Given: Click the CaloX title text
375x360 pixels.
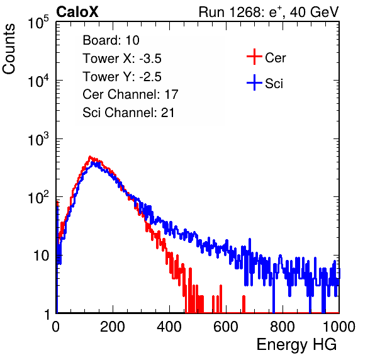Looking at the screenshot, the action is pos(77,11).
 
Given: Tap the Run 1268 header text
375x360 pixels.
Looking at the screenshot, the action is pos(269,12).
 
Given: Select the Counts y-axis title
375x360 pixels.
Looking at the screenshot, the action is pos(9,49).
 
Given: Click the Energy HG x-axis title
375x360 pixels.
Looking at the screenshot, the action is pos(296,344).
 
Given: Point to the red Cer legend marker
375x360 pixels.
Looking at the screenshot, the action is pos(254,57).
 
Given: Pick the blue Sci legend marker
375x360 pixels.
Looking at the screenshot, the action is pos(254,83).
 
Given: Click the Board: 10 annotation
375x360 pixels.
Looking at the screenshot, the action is pos(111,40).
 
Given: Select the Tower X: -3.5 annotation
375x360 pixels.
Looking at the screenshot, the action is pos(122,59).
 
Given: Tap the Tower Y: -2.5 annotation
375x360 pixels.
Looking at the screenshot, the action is pos(122,77).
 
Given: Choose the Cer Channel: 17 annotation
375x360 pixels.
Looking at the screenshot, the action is pos(130,94).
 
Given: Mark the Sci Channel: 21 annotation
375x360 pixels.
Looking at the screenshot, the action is pos(128,113).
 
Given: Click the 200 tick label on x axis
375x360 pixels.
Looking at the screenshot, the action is pos(113,327).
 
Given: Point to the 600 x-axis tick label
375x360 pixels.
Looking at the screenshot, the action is pos(226,327).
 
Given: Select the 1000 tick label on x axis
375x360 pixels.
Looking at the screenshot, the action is pos(339,327).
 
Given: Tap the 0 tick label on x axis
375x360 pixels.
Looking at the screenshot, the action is pos(56,327).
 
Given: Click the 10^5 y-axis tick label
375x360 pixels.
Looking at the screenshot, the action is pos(38,22).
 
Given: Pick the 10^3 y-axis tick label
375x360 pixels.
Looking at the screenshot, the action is pos(38,139).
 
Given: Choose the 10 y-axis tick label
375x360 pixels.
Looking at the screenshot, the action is pos(42,256).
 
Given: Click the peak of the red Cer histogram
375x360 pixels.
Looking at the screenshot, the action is pos(90,157).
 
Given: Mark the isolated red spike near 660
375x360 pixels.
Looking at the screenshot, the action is pos(243,304).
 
